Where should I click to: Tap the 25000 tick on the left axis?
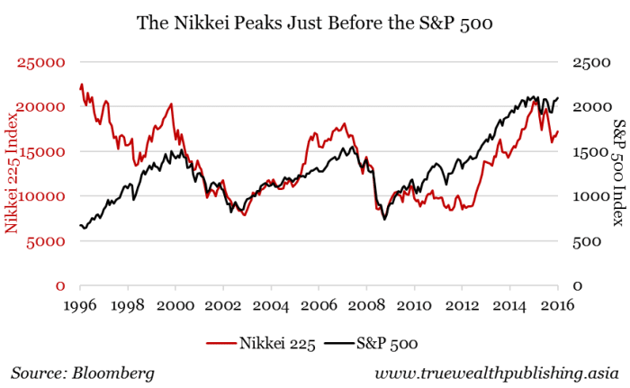click(x=43, y=63)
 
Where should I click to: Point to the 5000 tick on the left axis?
click(x=48, y=241)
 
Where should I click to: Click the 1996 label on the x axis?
click(x=81, y=306)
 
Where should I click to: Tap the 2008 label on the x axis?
click(x=366, y=306)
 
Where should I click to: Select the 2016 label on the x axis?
click(x=557, y=306)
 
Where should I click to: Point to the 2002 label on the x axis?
click(x=224, y=306)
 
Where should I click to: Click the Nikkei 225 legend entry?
click(x=266, y=342)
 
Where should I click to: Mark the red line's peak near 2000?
click(x=171, y=104)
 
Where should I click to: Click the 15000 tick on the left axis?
click(x=43, y=152)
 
